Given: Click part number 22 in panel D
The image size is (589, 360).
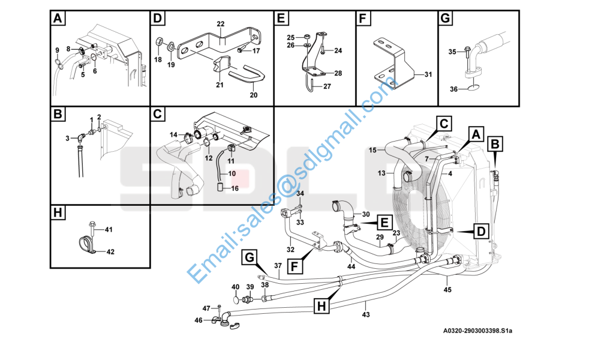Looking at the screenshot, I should pos(221,23).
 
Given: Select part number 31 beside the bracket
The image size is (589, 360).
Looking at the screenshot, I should pos(428,74).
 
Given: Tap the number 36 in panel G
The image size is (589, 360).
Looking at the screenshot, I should pos(454,89).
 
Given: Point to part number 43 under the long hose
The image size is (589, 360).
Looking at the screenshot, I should pos(366,314).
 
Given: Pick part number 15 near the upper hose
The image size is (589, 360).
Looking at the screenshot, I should pos(372,149).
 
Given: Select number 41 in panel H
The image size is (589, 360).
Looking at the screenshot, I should pos(109,230).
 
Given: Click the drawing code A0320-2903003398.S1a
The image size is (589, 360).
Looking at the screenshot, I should pos(477,331).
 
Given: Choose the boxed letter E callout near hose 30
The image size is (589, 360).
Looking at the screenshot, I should pos(382,223).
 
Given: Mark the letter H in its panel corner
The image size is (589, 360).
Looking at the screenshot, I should pos(58,212).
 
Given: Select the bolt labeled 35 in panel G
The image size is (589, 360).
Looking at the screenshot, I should pos(466,53).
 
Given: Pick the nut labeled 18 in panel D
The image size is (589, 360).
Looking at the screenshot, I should pos(160,42).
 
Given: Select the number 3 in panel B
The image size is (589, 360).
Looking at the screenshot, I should pos(68,139).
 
